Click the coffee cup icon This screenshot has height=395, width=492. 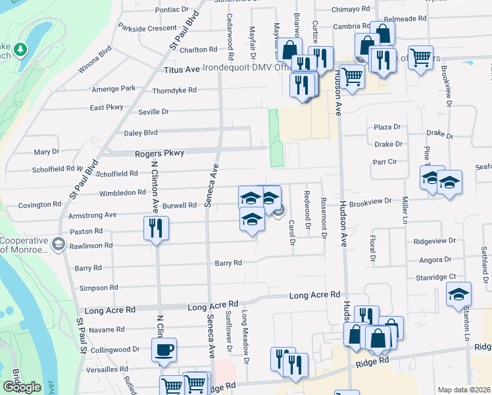click(164, 350)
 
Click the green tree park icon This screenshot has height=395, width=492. click(20, 50)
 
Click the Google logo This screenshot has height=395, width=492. click(22, 387)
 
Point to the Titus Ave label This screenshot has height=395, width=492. click(182, 69)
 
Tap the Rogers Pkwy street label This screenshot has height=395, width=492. click(159, 153)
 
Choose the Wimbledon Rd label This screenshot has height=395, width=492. click(122, 193)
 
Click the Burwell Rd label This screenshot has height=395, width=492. click(180, 205)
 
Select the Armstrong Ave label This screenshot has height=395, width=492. click(92, 215)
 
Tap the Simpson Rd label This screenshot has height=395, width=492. click(98, 288)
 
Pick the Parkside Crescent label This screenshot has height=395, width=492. click(148, 28)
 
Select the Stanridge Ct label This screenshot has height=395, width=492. click(435, 277)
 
